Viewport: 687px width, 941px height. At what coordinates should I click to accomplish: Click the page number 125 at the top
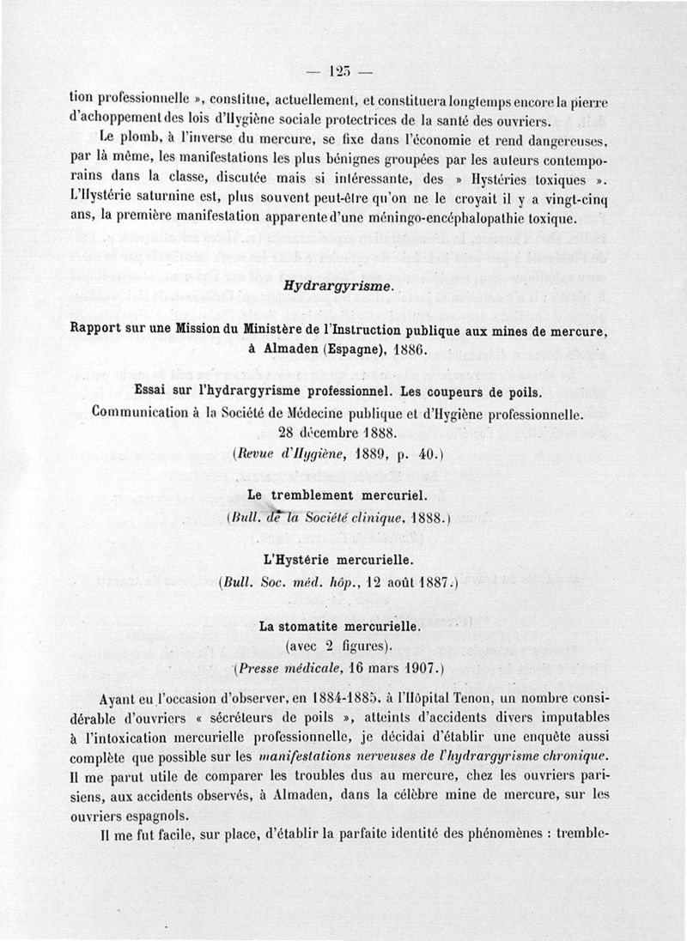coord(343,70)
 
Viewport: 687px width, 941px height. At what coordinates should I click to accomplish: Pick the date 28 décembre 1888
coord(343,432)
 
